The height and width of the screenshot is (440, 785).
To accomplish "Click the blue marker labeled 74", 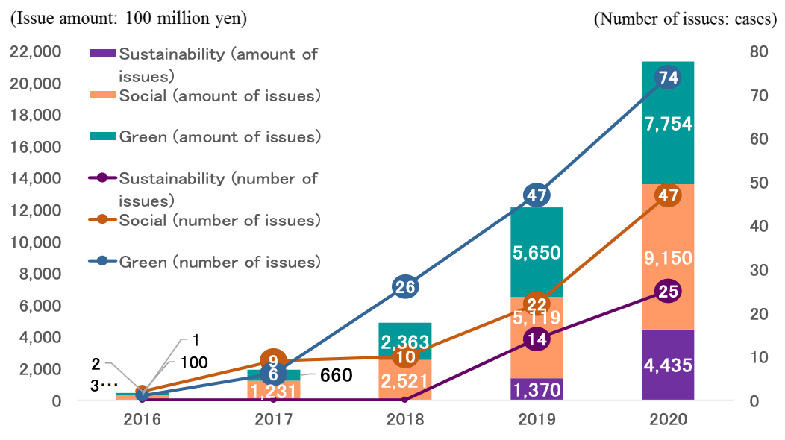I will point(668,77).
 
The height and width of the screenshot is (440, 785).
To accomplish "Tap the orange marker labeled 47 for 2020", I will point(668,195).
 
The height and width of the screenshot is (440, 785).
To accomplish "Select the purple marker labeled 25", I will point(668,292).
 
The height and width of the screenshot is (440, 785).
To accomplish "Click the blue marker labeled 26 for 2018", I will point(405,287).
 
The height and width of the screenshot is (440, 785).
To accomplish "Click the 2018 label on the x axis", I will point(405,421).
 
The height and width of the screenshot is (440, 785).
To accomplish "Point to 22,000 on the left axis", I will point(36,51).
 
